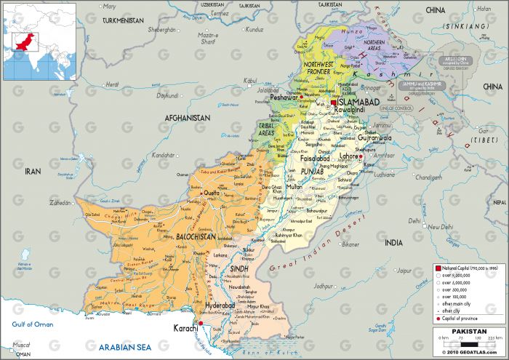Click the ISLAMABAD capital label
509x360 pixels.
click(359, 103)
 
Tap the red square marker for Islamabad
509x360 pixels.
click(334, 103)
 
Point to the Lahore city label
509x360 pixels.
click(350, 156)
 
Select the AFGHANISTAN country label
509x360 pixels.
click(187, 117)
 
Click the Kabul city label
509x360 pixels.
click(252, 80)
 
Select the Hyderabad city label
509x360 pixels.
click(221, 306)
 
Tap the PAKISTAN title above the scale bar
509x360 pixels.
click(468, 330)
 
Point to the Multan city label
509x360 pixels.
click(294, 187)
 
